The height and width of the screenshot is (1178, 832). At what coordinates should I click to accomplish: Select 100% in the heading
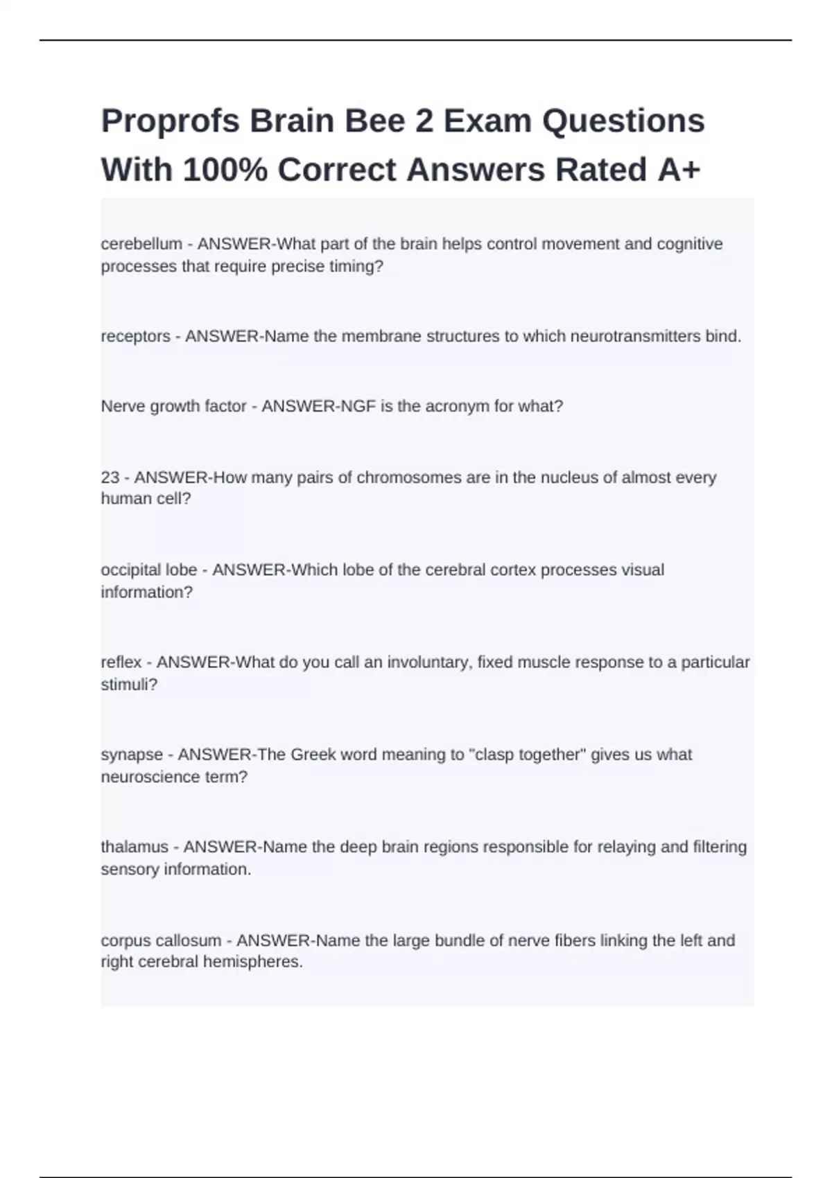(225, 170)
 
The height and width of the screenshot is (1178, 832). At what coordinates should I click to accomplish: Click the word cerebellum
(141, 244)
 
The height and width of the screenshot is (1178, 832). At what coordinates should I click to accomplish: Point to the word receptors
(135, 337)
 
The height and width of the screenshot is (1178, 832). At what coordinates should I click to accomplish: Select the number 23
(110, 477)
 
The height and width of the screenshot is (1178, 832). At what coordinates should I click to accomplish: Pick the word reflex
(121, 662)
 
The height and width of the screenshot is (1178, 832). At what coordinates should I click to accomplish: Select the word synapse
(132, 755)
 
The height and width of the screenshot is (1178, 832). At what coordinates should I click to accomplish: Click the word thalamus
(135, 847)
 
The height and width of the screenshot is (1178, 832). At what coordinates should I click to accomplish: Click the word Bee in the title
(375, 122)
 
